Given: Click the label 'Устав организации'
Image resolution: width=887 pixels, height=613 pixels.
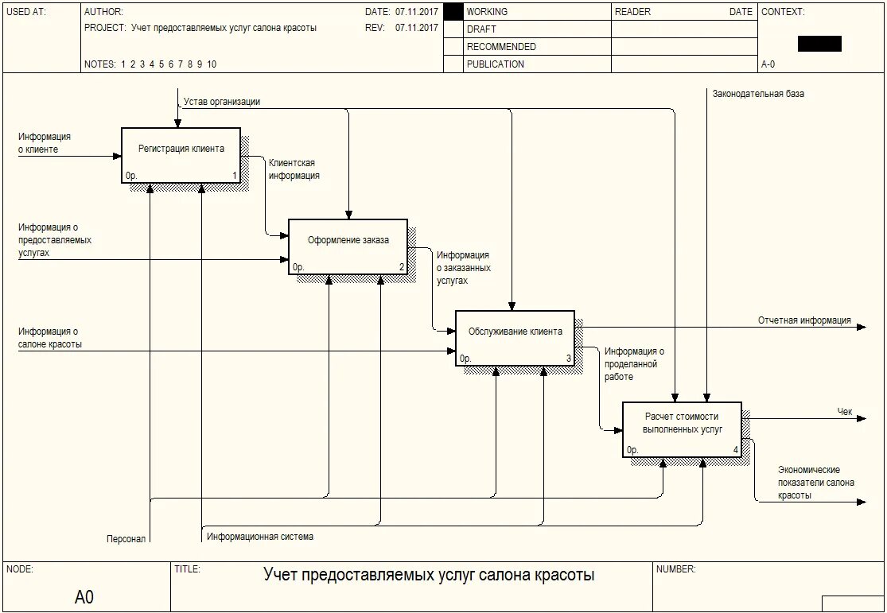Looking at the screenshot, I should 222,102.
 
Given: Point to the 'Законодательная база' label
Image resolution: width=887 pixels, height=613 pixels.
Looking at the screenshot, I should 758,94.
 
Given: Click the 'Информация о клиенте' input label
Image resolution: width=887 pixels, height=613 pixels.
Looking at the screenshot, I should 45,143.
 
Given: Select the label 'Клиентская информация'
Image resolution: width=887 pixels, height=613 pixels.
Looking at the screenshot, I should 294,169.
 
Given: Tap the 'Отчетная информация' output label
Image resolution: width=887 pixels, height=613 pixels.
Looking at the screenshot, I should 804,320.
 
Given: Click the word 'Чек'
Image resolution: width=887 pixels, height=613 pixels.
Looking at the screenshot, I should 845,412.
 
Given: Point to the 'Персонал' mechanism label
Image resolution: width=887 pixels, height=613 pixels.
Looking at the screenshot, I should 126,538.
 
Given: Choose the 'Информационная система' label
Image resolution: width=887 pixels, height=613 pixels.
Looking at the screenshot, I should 260,537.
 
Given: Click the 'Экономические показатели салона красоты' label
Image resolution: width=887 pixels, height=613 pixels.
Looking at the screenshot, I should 816,483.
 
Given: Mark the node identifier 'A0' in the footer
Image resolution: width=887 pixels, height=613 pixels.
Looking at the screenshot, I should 84,597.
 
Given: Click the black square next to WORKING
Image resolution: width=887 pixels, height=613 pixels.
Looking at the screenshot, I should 453,12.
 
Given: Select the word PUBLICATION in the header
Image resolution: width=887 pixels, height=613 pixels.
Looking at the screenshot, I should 495,64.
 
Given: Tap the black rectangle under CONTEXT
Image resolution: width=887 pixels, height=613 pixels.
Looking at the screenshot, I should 819,44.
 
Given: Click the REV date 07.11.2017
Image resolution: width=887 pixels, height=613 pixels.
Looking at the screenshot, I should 416,28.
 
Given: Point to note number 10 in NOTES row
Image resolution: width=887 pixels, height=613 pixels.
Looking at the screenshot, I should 212,64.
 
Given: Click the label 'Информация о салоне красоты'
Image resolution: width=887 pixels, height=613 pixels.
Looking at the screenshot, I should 49,338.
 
